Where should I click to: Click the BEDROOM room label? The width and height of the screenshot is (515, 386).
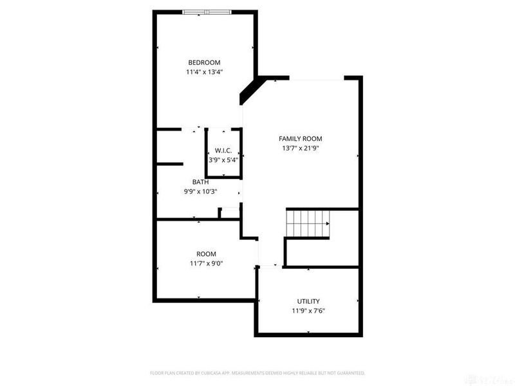pyautogui.click(x=204, y=62)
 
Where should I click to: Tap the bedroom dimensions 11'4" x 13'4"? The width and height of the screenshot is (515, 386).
pyautogui.click(x=204, y=73)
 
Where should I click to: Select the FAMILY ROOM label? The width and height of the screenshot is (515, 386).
pyautogui.click(x=300, y=138)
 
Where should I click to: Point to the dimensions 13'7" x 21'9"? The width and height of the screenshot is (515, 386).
pyautogui.click(x=300, y=149)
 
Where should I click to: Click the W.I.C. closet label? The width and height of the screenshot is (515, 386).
pyautogui.click(x=223, y=150)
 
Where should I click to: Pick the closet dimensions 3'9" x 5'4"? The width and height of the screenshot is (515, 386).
pyautogui.click(x=223, y=160)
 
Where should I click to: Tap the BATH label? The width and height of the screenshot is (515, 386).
pyautogui.click(x=200, y=181)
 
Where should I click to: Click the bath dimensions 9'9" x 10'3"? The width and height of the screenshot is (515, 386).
pyautogui.click(x=200, y=191)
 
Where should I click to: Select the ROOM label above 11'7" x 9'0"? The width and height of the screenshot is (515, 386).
pyautogui.click(x=207, y=253)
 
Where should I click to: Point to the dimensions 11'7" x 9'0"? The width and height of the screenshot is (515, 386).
pyautogui.click(x=207, y=264)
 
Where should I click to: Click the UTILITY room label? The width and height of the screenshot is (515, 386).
pyautogui.click(x=308, y=301)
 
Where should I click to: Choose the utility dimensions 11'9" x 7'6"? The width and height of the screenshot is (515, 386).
pyautogui.click(x=308, y=311)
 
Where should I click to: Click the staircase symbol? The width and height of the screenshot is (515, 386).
pyautogui.click(x=308, y=224)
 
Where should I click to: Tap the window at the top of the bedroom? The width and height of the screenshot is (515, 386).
pyautogui.click(x=206, y=12)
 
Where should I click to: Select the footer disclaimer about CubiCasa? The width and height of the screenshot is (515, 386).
pyautogui.click(x=257, y=373)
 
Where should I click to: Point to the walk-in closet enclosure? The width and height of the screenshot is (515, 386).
pyautogui.click(x=223, y=153)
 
